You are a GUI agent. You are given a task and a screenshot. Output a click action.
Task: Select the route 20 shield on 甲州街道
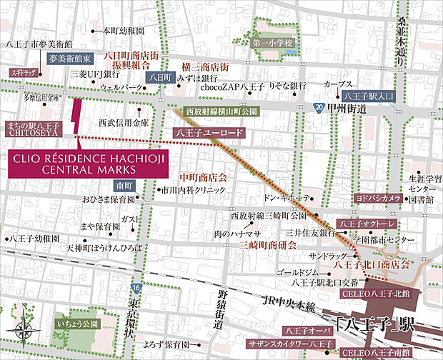[x=316, y=107]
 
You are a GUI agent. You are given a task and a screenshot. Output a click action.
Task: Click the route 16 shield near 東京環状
[x=136, y=287]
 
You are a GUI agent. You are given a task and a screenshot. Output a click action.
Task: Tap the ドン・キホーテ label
[x=287, y=196]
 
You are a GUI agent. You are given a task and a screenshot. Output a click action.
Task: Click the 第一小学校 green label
[x=274, y=44]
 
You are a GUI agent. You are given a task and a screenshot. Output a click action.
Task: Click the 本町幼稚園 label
[x=124, y=31]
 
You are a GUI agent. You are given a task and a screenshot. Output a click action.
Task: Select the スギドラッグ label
[x=22, y=72]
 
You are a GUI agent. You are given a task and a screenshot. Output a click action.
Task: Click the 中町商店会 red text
[x=203, y=177]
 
